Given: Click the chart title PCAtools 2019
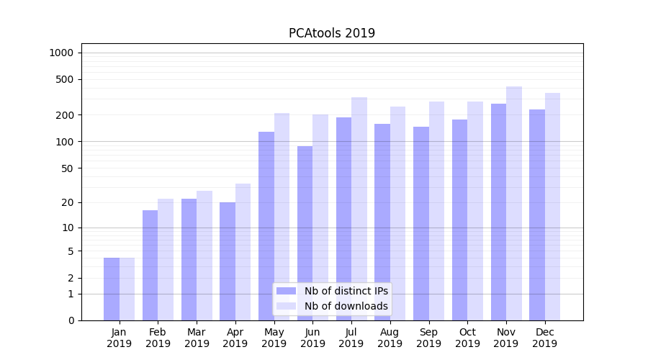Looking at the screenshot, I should (x=332, y=33).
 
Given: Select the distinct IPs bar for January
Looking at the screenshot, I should (x=112, y=289).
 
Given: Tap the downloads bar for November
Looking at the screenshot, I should (x=514, y=203).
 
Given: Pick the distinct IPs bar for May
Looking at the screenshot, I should (x=266, y=226).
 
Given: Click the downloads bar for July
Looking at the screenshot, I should (x=359, y=209).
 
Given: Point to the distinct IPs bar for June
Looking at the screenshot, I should (x=305, y=233).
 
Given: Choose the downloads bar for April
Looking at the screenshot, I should (x=243, y=252).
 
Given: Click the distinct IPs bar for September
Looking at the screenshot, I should (x=421, y=223).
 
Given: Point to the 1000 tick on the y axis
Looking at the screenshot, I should (x=61, y=53).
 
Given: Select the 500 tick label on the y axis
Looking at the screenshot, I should (x=65, y=79).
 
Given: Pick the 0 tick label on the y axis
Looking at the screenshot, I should (x=71, y=320).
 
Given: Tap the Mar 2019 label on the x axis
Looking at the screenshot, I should (x=197, y=338).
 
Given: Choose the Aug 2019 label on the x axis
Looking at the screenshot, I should (x=390, y=338).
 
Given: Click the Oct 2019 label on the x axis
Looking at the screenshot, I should (x=467, y=338).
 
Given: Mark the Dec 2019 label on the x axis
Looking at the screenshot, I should (x=545, y=338).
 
